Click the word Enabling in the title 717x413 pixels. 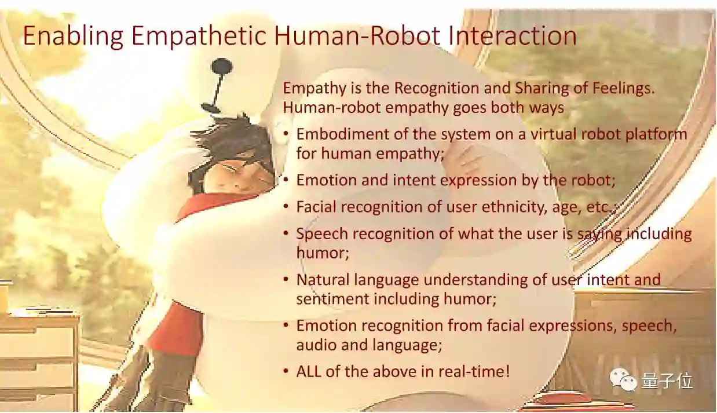click(x=74, y=36)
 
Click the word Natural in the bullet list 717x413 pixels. click(x=323, y=280)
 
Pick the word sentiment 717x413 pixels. click(x=332, y=299)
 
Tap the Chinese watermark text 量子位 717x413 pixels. click(x=667, y=381)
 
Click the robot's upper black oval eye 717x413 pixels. click(x=222, y=67)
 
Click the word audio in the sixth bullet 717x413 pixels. click(x=316, y=345)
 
